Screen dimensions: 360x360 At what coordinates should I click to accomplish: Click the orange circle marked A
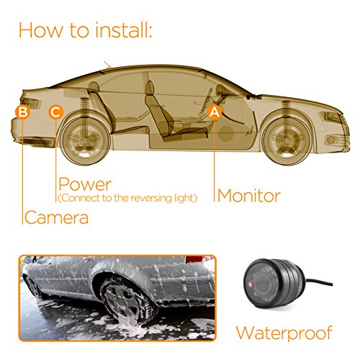point(214,112)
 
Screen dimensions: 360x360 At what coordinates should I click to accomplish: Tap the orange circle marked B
point(22,112)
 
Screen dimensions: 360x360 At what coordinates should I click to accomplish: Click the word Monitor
point(248,195)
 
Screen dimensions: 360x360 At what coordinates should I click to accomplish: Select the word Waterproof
point(285,333)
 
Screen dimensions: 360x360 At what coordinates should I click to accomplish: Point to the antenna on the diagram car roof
point(108,67)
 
